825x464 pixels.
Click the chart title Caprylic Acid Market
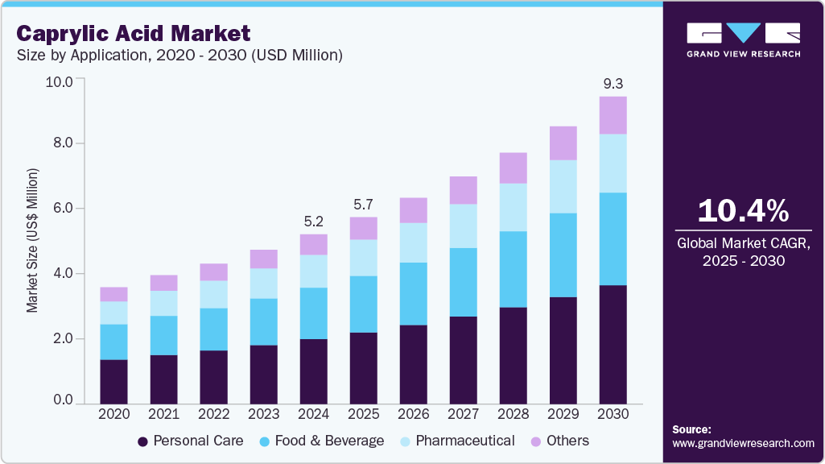tap(134, 33)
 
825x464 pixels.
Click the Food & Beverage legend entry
tap(321, 441)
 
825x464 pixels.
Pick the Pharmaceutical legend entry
tap(458, 441)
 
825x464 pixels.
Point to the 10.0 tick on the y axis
tap(60, 81)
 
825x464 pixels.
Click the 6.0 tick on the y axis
tap(63, 209)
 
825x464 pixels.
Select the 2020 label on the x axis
tap(113, 413)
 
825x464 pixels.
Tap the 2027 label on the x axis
tap(463, 413)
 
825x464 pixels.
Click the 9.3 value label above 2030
tap(613, 83)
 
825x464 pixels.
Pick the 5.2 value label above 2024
tap(314, 220)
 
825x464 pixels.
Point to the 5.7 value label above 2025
tap(364, 203)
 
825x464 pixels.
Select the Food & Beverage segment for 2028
tap(513, 269)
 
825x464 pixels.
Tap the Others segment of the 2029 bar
tap(563, 143)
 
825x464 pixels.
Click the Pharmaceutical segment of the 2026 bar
tap(413, 242)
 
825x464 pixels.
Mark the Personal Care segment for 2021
tap(163, 378)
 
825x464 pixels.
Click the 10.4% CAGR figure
tap(743, 211)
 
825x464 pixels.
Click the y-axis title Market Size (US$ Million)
tap(32, 240)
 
